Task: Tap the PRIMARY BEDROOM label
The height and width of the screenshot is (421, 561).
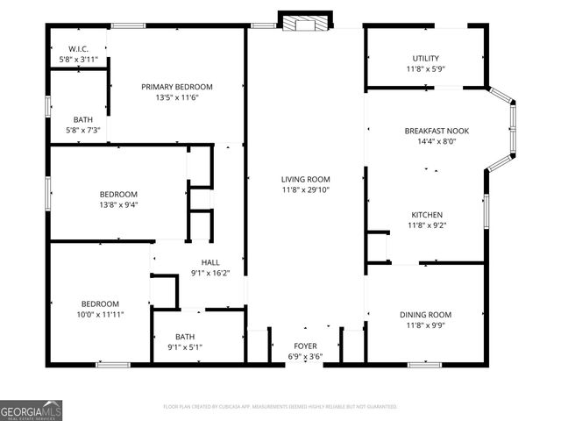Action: click(177, 87)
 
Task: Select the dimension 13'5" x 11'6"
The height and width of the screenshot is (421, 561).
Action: click(177, 97)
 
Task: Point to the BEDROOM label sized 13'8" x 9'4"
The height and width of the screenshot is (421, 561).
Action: click(117, 194)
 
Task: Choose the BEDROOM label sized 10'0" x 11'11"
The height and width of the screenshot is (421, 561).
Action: click(100, 303)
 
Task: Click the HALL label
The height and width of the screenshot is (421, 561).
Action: click(210, 262)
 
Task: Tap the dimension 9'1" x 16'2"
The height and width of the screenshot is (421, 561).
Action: click(210, 273)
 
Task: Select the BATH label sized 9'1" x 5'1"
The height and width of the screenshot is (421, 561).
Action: click(184, 336)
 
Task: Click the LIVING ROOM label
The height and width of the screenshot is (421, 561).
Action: click(305, 179)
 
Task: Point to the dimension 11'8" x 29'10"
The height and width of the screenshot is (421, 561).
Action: click(305, 189)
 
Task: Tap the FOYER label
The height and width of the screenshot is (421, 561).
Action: click(305, 346)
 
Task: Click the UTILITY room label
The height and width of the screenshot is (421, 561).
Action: click(425, 59)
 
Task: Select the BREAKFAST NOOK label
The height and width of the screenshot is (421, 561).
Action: click(436, 131)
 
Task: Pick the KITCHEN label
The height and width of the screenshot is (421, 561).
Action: click(427, 215)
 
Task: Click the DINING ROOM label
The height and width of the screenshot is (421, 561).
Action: click(425, 315)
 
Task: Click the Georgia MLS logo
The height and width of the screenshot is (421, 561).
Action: click(32, 410)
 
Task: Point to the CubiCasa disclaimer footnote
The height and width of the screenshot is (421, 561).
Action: click(280, 407)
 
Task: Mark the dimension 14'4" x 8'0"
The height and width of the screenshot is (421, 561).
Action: click(436, 141)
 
